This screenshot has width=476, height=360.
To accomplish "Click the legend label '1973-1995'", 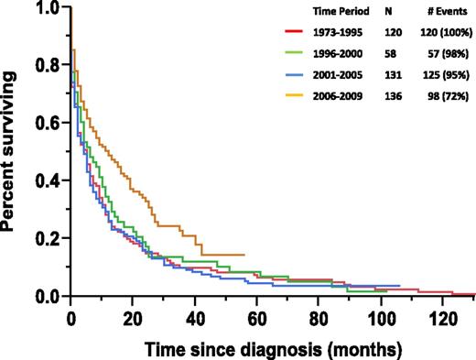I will point(336,34).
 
